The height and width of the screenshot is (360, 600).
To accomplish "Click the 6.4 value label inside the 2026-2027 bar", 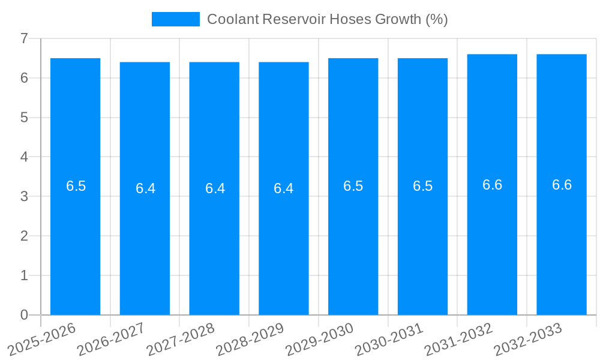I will (x=145, y=188).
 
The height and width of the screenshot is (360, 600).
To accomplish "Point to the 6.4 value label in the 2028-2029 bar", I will (x=284, y=188).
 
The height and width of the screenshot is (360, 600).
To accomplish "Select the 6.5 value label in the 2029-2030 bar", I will (x=353, y=186).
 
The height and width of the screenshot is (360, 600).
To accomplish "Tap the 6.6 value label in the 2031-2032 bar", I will (x=492, y=185).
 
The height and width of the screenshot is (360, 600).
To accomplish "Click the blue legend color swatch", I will (x=175, y=19).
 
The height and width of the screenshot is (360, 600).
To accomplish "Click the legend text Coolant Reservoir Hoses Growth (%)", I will (x=327, y=19).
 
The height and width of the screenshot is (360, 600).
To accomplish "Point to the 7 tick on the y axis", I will (x=24, y=38).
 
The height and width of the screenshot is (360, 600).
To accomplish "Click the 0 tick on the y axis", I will (x=24, y=315).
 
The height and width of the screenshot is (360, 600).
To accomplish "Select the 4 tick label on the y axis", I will (x=24, y=157).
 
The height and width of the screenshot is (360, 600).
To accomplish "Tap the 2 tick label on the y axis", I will (x=24, y=236).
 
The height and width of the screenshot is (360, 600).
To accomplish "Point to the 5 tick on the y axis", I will (x=24, y=118).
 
